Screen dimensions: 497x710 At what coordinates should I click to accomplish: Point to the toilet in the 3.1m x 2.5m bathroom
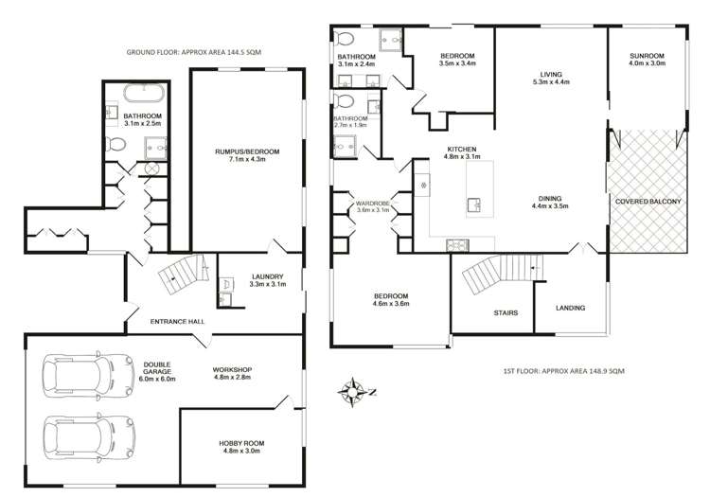point(115,145)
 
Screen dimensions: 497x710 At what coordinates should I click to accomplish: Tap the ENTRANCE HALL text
point(177,322)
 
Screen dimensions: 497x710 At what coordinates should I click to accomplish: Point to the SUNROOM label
point(647,58)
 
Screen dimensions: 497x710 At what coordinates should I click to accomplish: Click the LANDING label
point(569,308)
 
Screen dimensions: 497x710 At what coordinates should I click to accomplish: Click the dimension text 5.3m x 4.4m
point(550,82)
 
